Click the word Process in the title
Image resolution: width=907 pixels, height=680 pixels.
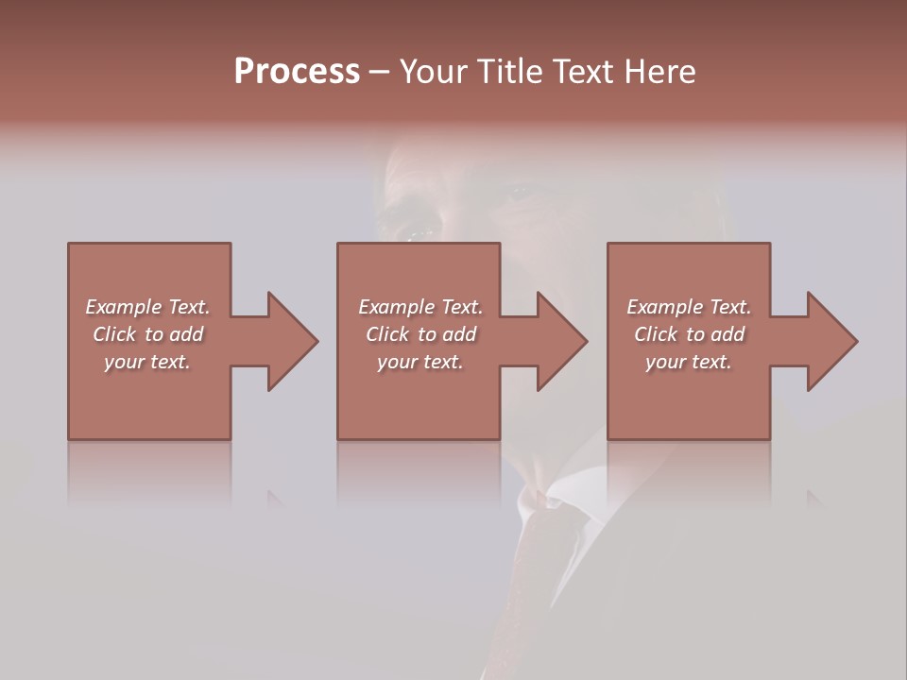coord(297,72)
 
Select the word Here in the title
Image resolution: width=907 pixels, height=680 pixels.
coord(659,72)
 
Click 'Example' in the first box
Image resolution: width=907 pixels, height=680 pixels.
coord(123,307)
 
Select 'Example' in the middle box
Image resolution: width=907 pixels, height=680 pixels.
coord(396,307)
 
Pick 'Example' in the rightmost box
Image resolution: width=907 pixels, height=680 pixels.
coord(664,307)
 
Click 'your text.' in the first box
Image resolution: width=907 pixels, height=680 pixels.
coord(147,362)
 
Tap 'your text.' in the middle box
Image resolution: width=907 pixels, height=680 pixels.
coord(420,362)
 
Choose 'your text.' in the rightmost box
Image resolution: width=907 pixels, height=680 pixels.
coord(689,362)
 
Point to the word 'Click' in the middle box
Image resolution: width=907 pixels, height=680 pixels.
coord(387,334)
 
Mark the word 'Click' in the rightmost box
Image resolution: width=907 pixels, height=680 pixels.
coord(656,334)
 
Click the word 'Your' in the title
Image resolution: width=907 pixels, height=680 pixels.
coord(432,72)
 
